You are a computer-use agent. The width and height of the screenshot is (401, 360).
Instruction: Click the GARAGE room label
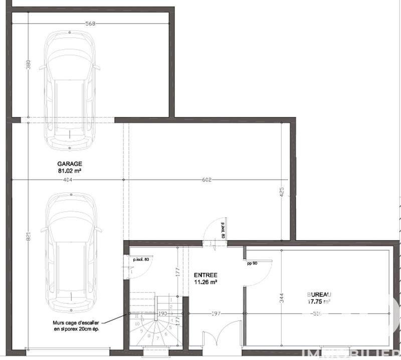(70, 164)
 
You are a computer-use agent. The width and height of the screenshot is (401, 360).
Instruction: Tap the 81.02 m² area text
(70, 170)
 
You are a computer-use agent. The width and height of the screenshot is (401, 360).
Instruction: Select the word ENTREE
(206, 275)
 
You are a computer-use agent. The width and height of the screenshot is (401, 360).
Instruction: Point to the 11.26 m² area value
(206, 282)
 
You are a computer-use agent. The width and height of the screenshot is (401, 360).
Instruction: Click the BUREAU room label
(319, 295)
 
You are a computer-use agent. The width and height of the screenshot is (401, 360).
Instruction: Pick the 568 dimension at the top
(91, 23)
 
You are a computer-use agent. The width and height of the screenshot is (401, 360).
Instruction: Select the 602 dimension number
(208, 180)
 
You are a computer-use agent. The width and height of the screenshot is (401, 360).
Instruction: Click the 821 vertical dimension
(28, 237)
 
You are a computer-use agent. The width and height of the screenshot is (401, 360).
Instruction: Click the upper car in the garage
(71, 90)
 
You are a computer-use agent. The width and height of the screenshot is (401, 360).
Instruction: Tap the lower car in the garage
(71, 253)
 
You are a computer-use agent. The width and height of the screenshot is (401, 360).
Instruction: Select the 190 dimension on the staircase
(162, 314)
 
